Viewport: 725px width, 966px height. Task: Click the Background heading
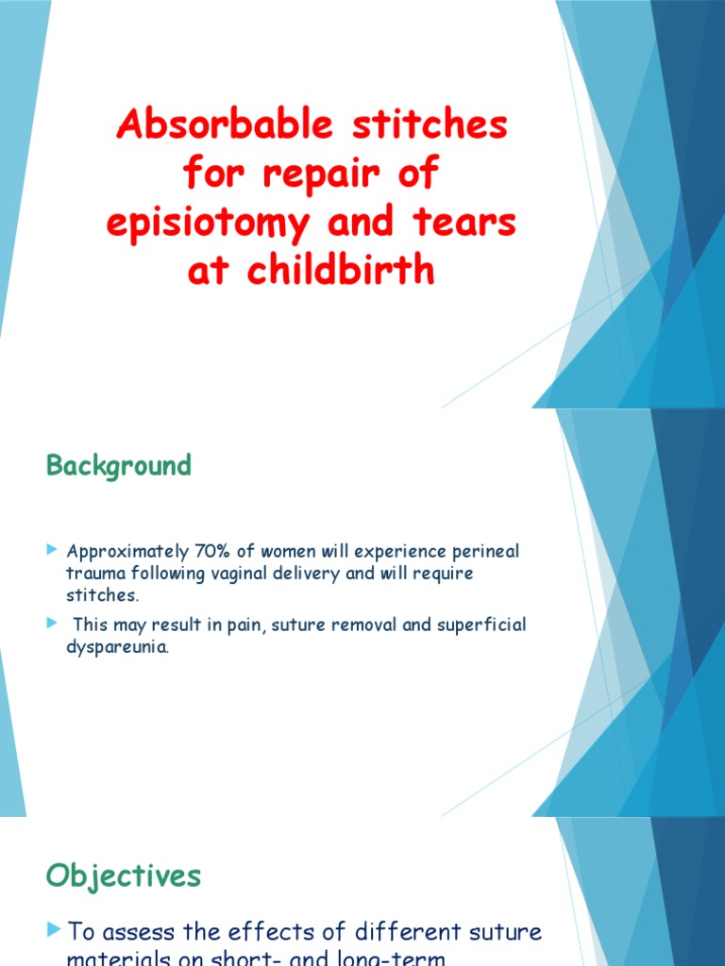119,466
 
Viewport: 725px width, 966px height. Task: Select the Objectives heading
123,875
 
